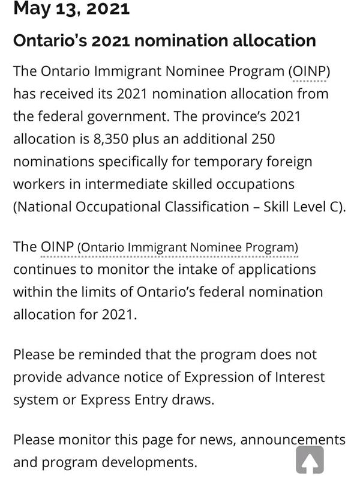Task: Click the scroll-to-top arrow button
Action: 310,460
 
